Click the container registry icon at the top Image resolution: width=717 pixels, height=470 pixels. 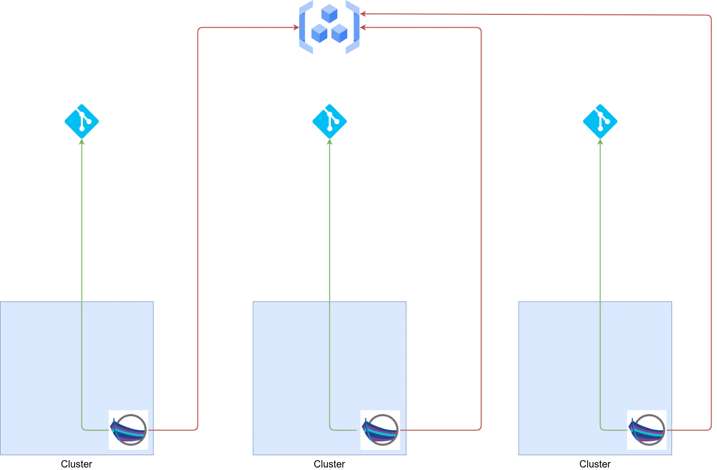pos(329,27)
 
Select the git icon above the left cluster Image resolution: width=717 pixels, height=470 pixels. pos(81,122)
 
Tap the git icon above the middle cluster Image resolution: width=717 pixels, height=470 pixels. pos(329,122)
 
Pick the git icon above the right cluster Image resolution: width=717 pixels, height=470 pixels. pos(600,122)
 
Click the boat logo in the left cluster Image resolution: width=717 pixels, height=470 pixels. pos(128,430)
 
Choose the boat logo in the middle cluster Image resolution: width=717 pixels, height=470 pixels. pos(380,430)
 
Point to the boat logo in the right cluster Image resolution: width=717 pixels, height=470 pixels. pos(647,430)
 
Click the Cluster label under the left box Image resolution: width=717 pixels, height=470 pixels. pos(77,464)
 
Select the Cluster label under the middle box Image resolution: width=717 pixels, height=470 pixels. pos(329,464)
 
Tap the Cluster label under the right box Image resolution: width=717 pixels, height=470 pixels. pos(595,464)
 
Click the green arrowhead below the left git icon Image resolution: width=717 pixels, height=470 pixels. pos(81,142)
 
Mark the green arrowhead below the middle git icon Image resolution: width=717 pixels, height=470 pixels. pos(329,142)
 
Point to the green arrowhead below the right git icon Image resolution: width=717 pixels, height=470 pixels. pos(600,142)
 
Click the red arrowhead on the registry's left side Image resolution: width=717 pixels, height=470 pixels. pos(296,28)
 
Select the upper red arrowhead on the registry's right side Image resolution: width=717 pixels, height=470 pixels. pos(363,14)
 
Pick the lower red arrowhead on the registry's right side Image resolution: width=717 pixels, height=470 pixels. pos(363,28)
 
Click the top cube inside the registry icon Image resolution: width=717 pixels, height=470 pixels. pos(329,13)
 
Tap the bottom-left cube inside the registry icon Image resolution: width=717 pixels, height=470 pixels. pos(319,33)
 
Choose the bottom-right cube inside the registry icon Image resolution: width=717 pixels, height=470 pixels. pos(339,33)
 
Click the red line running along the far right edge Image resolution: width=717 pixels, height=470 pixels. pos(711,222)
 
